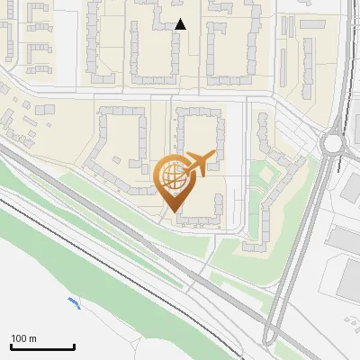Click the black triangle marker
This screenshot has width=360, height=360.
click(181, 24)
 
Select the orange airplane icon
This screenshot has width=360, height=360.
click(199, 165)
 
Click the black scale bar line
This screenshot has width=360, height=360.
click(42, 346)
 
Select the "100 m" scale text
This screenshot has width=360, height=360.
click(23, 338)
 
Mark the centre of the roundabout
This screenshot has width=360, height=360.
click(334, 142)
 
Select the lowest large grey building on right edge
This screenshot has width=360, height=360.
click(349, 279)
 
